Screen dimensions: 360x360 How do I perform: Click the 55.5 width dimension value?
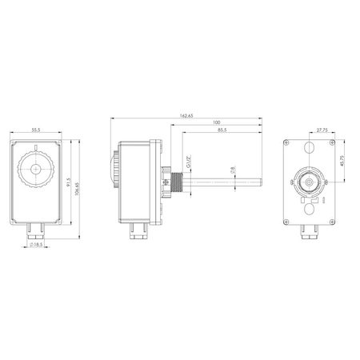[36, 129]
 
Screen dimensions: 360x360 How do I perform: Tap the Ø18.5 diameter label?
[36, 244]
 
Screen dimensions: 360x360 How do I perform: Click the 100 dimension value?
[216, 123]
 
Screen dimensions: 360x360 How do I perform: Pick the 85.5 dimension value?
[219, 130]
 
